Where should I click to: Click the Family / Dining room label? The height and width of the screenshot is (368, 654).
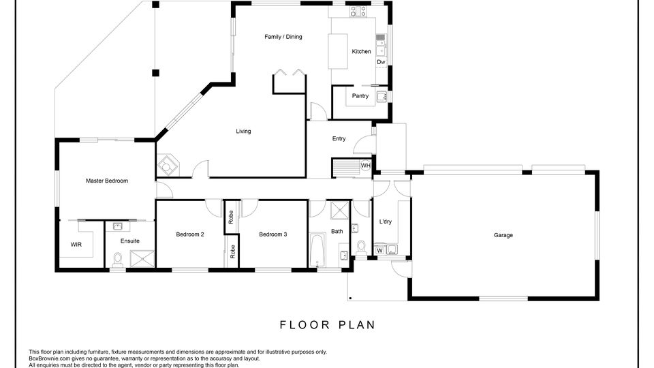[x=283, y=37]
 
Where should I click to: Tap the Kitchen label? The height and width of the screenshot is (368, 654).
[x=361, y=51]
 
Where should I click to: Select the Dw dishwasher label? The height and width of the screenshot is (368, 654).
[x=381, y=62]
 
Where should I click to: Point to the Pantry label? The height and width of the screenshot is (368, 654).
[x=360, y=96]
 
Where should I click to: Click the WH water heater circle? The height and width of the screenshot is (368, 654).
[x=365, y=166]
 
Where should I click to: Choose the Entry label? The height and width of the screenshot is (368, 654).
[x=339, y=138]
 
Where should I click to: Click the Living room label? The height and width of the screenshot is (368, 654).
[x=243, y=132]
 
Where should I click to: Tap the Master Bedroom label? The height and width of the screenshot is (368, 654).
[x=107, y=181]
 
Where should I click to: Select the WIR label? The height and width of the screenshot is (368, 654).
[x=76, y=245]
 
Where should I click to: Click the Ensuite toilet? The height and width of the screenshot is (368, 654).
[x=118, y=259]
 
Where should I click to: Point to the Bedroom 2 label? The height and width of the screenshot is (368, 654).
[x=190, y=234]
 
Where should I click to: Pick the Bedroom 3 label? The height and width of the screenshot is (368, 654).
[x=272, y=234]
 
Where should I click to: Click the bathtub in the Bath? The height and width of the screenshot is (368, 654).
[x=317, y=249]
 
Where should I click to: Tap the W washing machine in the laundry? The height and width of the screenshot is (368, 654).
[x=379, y=250]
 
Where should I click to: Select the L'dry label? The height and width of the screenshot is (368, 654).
[x=386, y=221]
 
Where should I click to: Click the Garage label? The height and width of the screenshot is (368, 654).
[x=503, y=235]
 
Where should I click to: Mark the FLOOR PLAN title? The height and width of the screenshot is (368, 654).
[x=328, y=324]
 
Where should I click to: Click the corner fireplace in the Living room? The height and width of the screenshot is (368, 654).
[x=168, y=166]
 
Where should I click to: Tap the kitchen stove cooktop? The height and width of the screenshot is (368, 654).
[x=358, y=11]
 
